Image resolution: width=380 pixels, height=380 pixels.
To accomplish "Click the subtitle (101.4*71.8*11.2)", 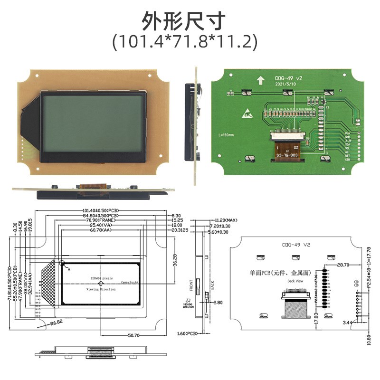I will pos(185,42).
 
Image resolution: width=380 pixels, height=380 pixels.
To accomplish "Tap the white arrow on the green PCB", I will pos(260,80).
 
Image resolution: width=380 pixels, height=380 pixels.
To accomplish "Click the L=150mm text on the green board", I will pos(226,135).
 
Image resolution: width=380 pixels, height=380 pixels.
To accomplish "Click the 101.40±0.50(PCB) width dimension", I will pos(101,210).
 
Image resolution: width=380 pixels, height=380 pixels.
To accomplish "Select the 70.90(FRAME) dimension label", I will pos(101,220).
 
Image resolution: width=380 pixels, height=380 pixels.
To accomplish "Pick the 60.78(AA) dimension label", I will pos(101,230).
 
